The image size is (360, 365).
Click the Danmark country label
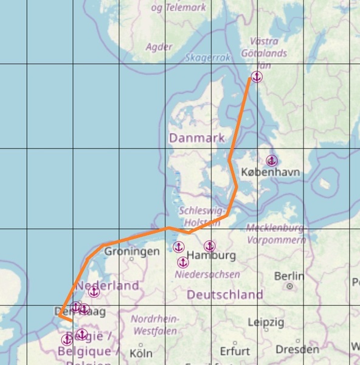click(197, 138)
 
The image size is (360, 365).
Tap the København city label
click(270, 173)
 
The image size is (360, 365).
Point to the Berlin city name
click(289, 276)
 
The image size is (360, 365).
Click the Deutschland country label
click(225, 295)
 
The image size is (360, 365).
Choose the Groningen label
click(132, 251)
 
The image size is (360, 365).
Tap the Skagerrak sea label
click(208, 58)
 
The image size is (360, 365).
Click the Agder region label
click(159, 46)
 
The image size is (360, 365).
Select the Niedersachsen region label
click(207, 275)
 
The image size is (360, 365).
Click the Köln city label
click(141, 352)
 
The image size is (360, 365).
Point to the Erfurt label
click(235, 351)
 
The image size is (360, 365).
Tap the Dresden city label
click(297, 350)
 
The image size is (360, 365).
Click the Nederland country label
click(107, 286)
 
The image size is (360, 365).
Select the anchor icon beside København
click(272, 161)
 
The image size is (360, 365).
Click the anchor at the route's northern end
click(256, 77)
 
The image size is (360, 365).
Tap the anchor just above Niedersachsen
click(182, 262)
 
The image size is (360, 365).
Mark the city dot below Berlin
click(291, 286)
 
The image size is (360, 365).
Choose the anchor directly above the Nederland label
click(94, 292)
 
